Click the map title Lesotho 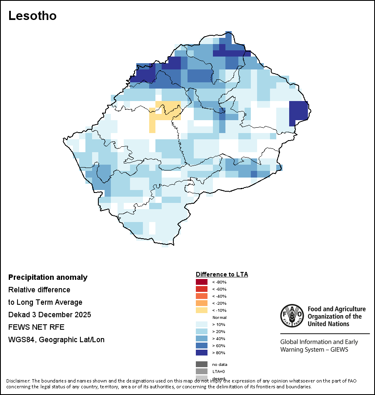coord(32,16)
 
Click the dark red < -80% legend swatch coord(201,282)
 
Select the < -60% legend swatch coord(201,289)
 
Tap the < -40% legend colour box coord(201,296)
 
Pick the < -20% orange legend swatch coord(201,303)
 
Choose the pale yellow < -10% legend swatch coord(201,310)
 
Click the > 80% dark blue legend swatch coord(201,353)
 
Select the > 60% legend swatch coord(201,346)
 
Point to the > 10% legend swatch coord(201,324)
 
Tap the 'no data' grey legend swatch coord(201,364)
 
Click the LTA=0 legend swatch coord(201,371)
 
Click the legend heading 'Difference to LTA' coord(222,274)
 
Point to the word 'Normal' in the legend coord(219,317)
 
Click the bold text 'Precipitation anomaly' coord(48,277)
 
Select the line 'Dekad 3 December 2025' coord(50,315)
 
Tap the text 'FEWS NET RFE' coord(36,327)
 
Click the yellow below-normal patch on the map coord(165,111)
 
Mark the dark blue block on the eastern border coord(297,111)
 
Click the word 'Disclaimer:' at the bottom coord(17,381)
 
